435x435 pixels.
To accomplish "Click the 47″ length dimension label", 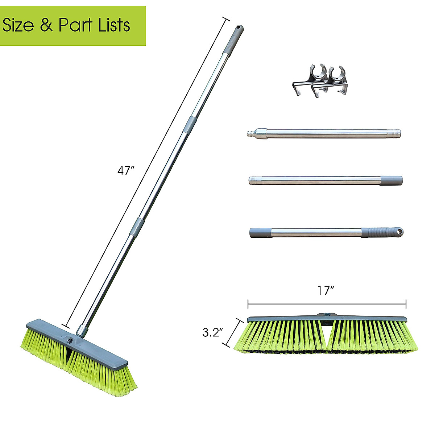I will (126, 171).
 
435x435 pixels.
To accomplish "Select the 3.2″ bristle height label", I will (213, 333).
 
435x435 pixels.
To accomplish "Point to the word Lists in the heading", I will (114, 26).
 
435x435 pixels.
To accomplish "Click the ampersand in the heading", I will (46, 26).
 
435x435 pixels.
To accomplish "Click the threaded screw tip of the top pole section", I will (250, 133).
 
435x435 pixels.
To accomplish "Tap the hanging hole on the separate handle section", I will (399, 231).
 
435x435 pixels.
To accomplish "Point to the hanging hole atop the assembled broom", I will (238, 28).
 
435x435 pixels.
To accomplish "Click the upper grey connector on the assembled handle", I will (189, 125).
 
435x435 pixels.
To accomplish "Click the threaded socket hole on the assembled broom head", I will (70, 341).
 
